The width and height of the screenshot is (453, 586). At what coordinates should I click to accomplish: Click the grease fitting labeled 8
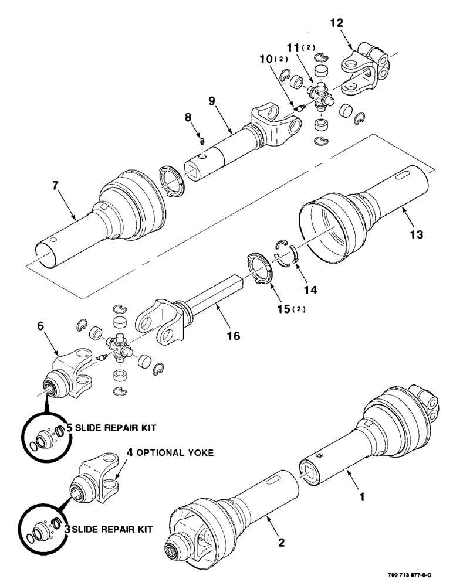click(201, 142)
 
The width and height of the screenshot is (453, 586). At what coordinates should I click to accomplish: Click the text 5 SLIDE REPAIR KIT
click(111, 428)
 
